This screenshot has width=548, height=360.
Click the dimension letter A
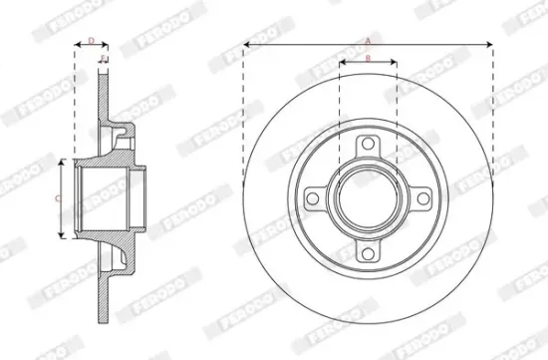click(368, 40)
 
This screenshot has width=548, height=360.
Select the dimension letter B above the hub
click(368, 59)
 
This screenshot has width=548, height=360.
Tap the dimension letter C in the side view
click(57, 198)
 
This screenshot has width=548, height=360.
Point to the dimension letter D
click(92, 40)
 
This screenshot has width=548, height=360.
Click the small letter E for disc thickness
click(105, 59)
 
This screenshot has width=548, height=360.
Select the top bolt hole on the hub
click(368, 146)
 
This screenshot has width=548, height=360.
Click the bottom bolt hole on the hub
click(368, 253)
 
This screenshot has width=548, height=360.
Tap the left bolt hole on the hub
click(314, 199)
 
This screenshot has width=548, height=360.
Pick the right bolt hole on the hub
click(421, 199)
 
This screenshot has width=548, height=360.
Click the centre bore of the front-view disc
click(368, 199)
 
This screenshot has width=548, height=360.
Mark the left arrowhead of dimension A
click(246, 45)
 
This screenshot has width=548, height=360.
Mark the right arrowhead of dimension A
click(491, 45)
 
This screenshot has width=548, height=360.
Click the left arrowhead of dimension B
click(342, 64)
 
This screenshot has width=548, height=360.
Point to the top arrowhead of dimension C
click(63, 162)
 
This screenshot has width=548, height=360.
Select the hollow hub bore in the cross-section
click(105, 199)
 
